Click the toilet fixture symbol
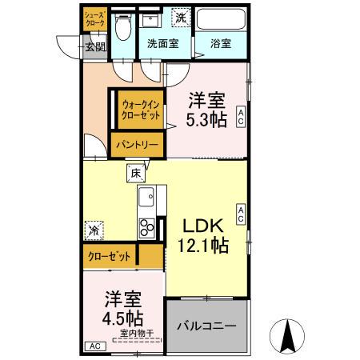(122, 29)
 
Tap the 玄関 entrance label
(95, 46)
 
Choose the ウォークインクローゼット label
(140, 109)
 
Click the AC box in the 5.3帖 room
(241, 118)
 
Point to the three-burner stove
(146, 228)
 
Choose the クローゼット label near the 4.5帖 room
(110, 257)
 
